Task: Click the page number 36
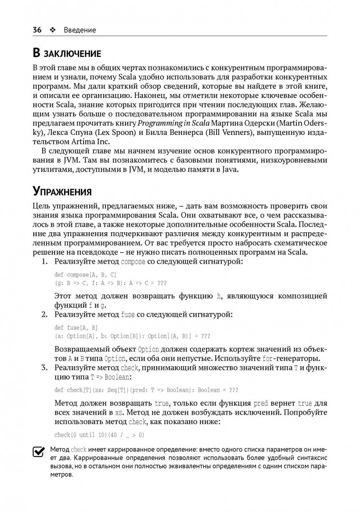pos(37,29)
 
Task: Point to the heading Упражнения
pos(62,191)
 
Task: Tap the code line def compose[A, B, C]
pos(85,275)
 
